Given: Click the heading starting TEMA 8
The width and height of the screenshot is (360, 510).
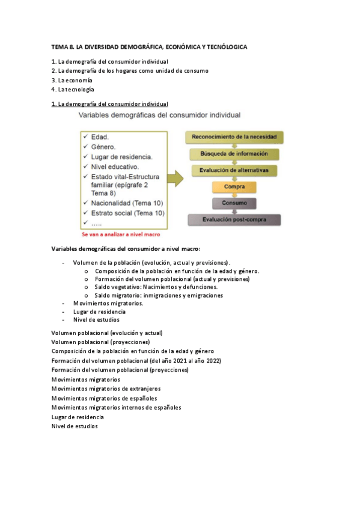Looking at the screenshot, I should tap(149, 46).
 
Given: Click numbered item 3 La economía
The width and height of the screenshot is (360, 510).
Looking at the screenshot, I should tap(72, 80).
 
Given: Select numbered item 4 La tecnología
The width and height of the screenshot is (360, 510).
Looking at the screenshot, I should tap(73, 90).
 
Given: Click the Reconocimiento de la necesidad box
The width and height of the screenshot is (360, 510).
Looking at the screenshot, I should tap(234, 137).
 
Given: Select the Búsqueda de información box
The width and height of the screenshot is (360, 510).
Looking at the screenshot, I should tap(234, 154).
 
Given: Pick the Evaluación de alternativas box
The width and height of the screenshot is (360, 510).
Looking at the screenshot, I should tap(234, 170).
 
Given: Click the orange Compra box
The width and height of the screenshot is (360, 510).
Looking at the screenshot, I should tap(234, 187).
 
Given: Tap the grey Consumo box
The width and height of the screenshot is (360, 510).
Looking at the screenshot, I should tap(234, 203).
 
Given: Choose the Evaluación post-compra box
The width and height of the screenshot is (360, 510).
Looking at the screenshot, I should tap(234, 220).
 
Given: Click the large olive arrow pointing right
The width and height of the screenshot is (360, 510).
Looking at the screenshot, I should tap(175, 179).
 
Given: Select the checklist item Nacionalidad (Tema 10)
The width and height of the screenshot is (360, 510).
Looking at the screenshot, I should tap(126, 203).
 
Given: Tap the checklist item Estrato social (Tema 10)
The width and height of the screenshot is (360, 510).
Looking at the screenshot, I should tap(126, 213).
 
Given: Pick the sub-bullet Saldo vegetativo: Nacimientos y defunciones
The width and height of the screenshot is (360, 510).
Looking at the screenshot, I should tap(156, 287).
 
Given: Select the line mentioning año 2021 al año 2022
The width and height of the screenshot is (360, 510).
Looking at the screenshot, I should tap(136, 360).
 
